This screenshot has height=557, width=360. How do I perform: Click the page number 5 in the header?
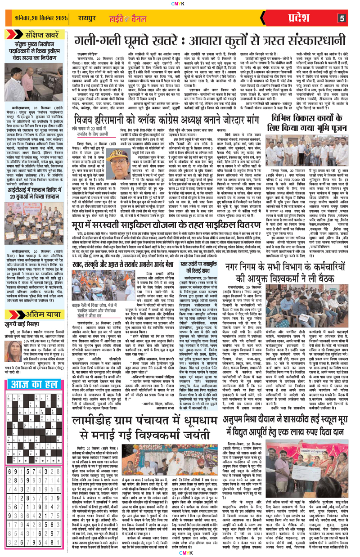pyautogui.click(x=342, y=18)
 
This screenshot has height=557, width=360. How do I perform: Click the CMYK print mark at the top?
pyautogui.click(x=180, y=3)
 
